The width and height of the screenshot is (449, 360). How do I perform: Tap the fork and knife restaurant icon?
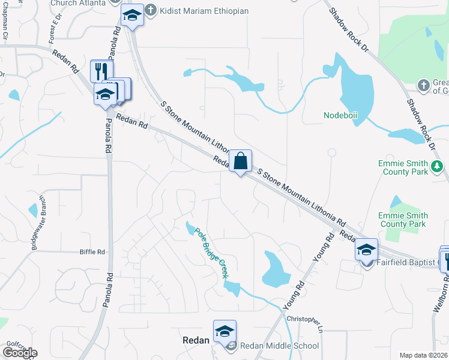pyautogui.click(x=101, y=71)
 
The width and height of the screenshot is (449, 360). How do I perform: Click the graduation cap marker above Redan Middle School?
pyautogui.click(x=224, y=331)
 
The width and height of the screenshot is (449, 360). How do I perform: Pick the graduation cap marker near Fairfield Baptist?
pyautogui.click(x=366, y=250)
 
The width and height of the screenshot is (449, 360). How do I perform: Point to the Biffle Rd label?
pyautogui.click(x=92, y=253)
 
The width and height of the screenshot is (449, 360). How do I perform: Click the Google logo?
pyautogui.click(x=19, y=353)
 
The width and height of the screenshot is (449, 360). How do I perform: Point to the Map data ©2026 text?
pyautogui.click(x=424, y=355)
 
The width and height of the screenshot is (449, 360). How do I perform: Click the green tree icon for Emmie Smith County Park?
pyautogui.click(x=438, y=166)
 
